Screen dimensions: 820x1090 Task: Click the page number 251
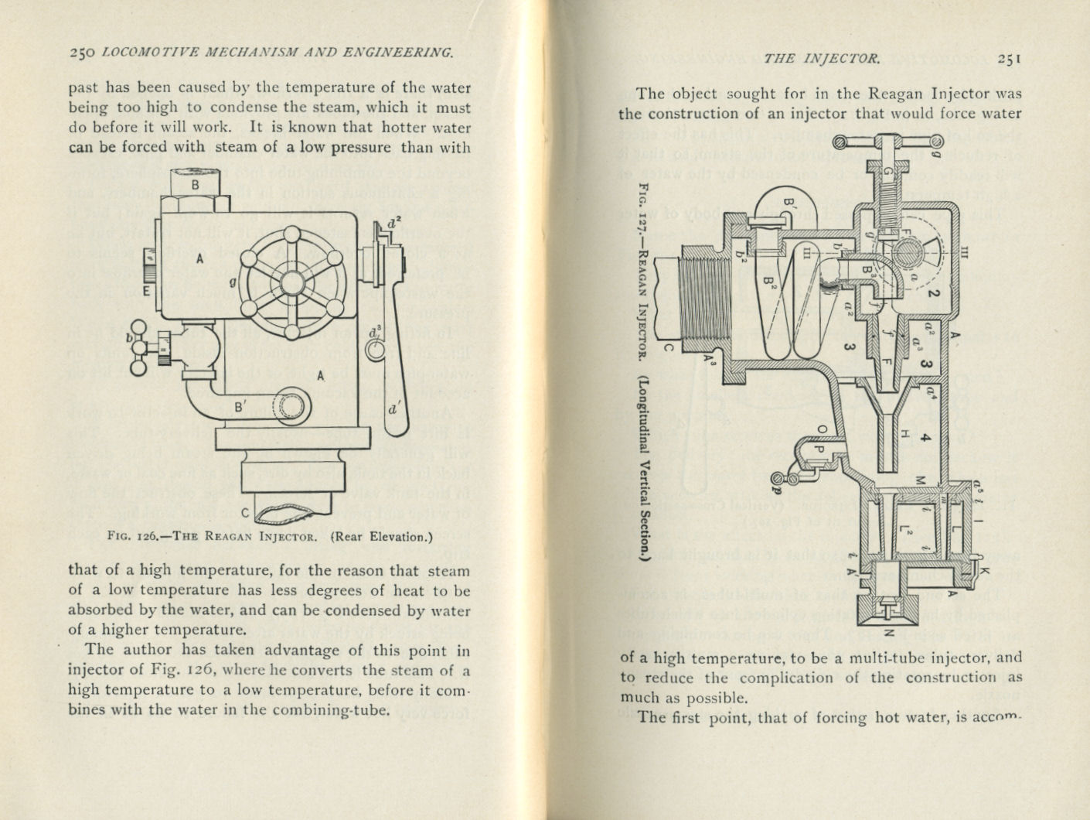click(1010, 58)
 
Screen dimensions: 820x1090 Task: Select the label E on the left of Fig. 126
click(145, 292)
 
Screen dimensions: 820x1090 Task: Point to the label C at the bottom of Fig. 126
click(244, 512)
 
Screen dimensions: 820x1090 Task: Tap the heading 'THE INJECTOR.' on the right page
click(830, 58)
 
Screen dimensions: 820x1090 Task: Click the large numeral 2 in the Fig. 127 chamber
click(932, 293)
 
